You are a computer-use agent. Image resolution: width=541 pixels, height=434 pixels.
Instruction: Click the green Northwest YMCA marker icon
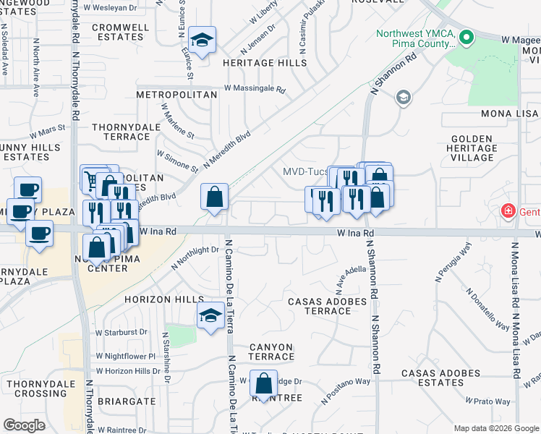coord(467,38)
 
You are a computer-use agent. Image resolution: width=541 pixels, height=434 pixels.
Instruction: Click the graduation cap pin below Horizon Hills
coord(210,316)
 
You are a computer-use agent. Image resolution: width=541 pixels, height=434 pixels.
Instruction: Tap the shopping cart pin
coord(93,179)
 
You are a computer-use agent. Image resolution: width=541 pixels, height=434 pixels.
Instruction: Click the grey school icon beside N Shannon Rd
coord(403,97)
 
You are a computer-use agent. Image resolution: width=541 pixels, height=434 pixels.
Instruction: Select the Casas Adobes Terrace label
coord(319,306)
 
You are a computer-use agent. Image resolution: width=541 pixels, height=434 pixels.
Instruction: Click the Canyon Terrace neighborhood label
coord(273,352)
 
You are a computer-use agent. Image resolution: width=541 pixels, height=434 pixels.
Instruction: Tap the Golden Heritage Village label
coord(474,148)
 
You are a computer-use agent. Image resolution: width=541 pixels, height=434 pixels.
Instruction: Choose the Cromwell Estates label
coord(121,33)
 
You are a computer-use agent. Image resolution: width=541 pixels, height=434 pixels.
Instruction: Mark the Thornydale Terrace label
coord(121,131)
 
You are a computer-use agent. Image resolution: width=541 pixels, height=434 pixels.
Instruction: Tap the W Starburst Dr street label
coord(121,332)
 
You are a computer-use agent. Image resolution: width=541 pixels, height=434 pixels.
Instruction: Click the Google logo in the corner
coord(24,425)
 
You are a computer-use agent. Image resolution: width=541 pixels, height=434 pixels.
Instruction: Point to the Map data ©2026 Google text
coord(495,428)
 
